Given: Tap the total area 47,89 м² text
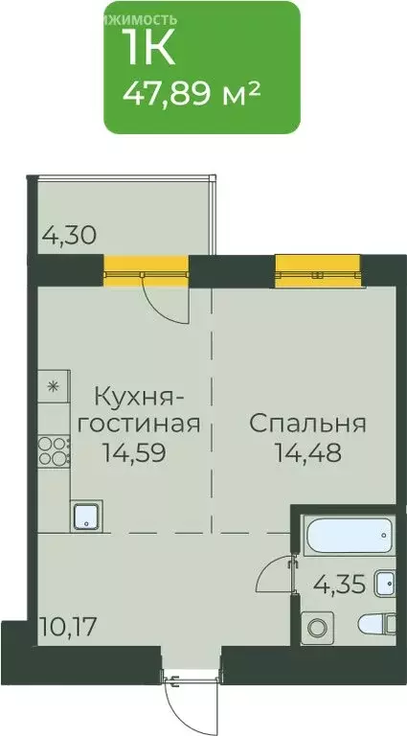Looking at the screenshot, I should tap(192, 95).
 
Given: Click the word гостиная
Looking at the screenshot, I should tap(147, 423).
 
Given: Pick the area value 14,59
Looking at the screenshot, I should tap(135, 451).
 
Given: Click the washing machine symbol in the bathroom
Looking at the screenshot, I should tap(317, 628).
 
